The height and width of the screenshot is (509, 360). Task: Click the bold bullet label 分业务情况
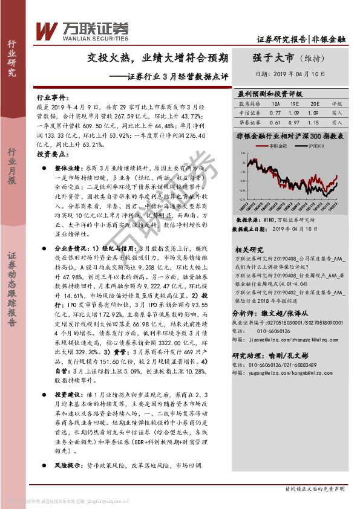[x=71, y=248]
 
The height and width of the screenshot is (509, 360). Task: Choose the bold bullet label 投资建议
[x=68, y=394]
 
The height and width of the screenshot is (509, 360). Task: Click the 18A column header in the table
[x=276, y=104]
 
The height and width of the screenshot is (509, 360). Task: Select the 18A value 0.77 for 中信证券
[x=276, y=112]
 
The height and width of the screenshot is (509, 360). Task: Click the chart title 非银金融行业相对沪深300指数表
[x=290, y=136]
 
